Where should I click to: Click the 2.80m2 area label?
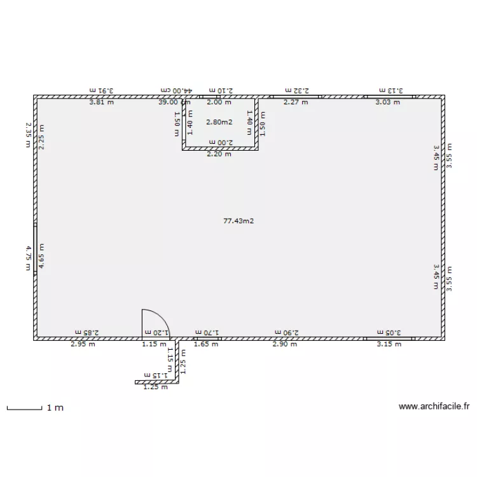coord(219,121)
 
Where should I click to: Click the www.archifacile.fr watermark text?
coord(434,406)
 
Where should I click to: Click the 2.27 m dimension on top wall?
coord(296,102)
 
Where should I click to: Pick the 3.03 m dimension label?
coord(387,102)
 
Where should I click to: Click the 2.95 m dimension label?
coord(82,344)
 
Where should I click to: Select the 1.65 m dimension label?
coord(205,344)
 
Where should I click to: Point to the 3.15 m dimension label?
coord(389,344)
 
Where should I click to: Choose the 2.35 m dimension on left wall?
coord(28,135)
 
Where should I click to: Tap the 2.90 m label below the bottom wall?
coord(284,344)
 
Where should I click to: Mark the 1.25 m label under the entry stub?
coord(155,387)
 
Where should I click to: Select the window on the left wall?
coord(36,257)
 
